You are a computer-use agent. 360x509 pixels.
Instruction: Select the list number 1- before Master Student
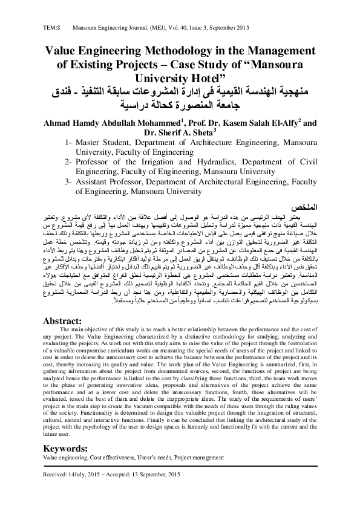[68, 143]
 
